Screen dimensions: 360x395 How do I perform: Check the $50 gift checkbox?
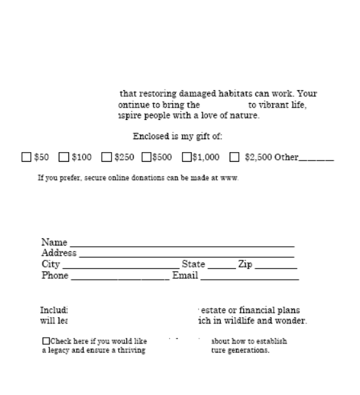click(x=26, y=156)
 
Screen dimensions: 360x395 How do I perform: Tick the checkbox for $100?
click(x=64, y=156)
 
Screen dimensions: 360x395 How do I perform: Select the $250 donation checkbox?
click(x=106, y=156)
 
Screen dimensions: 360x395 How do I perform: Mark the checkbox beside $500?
click(x=146, y=156)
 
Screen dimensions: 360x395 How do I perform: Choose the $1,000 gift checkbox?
click(x=187, y=156)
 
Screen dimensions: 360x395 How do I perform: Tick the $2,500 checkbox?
click(x=234, y=156)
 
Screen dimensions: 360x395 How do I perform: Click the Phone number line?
click(x=119, y=278)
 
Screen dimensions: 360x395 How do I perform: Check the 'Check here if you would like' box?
click(x=46, y=341)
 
